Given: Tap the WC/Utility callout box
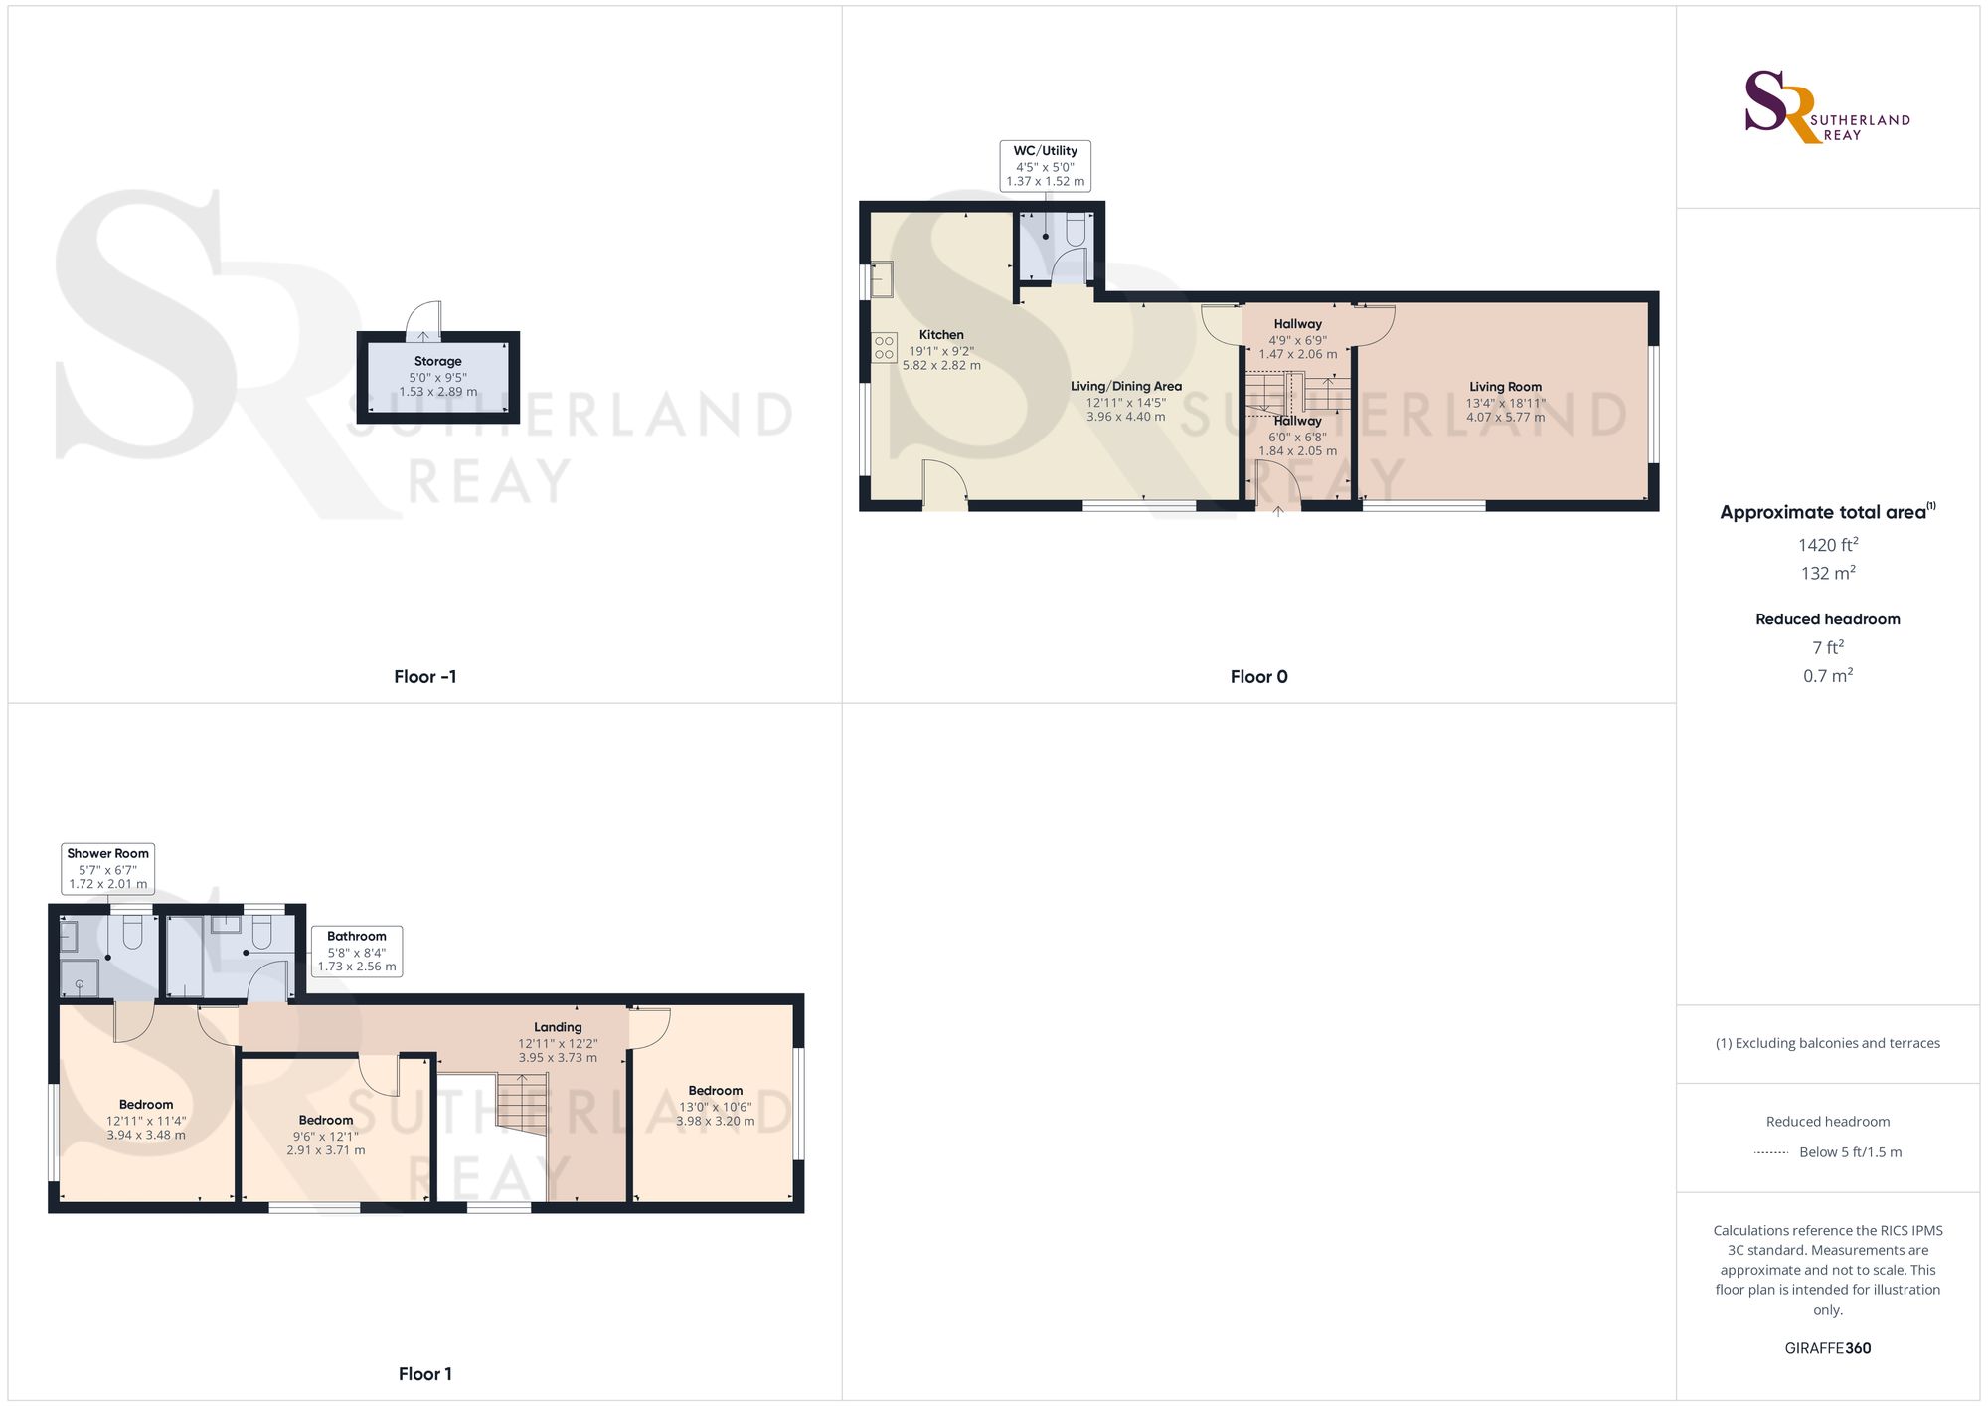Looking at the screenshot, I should click(x=1045, y=166).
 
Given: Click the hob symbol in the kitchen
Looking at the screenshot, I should click(x=884, y=347).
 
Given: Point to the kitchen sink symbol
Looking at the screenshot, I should click(x=882, y=279).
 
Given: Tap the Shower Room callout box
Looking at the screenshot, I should click(x=107, y=868).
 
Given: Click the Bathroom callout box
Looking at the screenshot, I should click(x=356, y=951).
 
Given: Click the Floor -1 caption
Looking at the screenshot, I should click(x=425, y=677).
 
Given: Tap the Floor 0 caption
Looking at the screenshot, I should click(x=1258, y=677).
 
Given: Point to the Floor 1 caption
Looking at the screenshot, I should click(x=425, y=1374).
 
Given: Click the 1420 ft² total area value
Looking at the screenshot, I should click(x=1827, y=545).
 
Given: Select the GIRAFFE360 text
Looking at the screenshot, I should click(x=1827, y=1348).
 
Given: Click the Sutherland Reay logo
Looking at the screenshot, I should click(x=1827, y=107).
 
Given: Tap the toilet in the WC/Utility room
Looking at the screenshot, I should click(x=1076, y=232).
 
